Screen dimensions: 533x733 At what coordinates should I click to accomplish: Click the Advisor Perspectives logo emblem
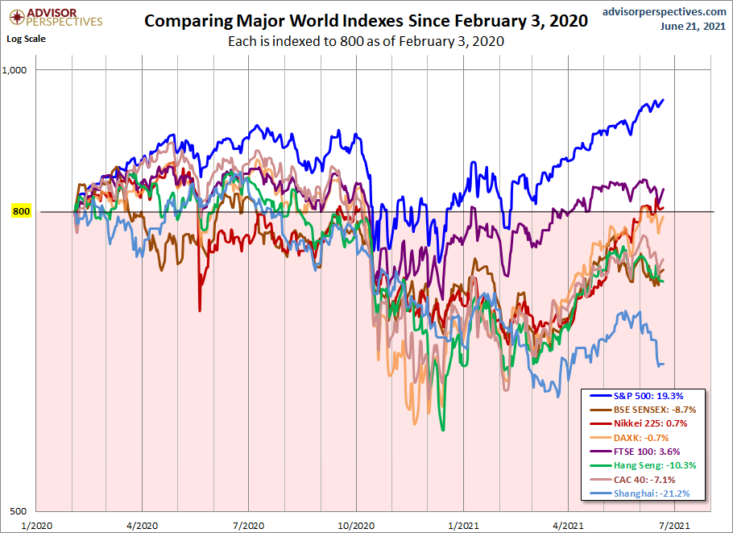click(14, 16)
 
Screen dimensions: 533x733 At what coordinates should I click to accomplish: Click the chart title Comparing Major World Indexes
click(366, 22)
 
